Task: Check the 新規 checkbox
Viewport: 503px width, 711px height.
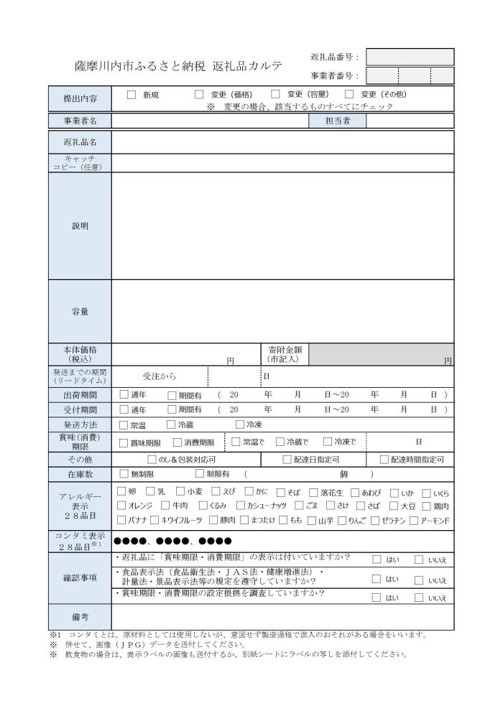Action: tap(131, 94)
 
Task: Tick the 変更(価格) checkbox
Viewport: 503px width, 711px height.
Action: tap(199, 94)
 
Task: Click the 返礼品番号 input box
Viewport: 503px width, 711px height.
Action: tap(410, 57)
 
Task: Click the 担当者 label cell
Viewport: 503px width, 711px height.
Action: tap(337, 121)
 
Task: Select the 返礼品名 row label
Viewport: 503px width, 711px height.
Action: tap(80, 142)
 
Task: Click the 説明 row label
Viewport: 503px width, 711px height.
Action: tap(80, 226)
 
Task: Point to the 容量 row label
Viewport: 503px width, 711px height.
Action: tap(80, 311)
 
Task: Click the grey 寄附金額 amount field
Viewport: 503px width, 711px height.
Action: tap(381, 354)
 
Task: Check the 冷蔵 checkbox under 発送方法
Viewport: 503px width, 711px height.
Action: tap(170, 424)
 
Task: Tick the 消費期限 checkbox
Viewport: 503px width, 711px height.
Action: tap(177, 442)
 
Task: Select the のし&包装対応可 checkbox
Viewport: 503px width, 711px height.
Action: tap(152, 459)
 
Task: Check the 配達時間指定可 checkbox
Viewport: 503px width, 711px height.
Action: tap(384, 459)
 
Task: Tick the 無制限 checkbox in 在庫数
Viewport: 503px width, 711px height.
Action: tap(124, 474)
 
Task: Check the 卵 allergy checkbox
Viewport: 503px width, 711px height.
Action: tap(121, 492)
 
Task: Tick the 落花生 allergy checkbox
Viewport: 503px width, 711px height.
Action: tap(313, 492)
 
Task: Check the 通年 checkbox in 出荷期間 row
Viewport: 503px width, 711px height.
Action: tap(124, 394)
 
